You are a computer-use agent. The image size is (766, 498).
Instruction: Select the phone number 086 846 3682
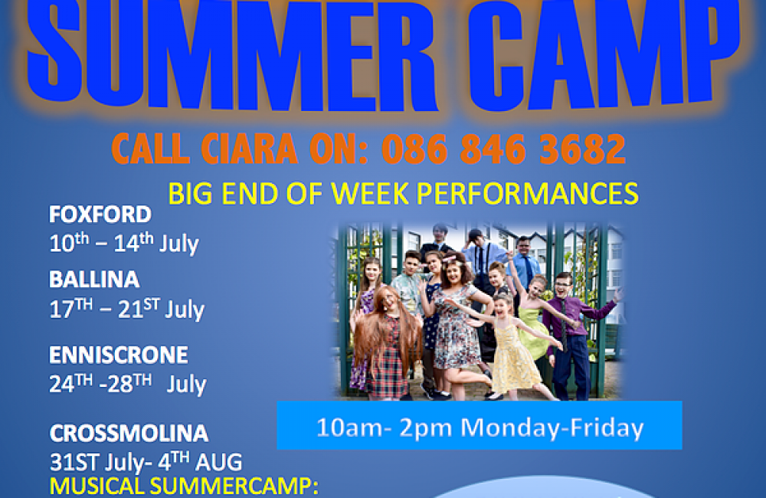(x=503, y=149)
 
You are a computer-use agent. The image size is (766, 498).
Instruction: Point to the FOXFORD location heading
(x=100, y=214)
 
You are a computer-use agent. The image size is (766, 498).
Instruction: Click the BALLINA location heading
(x=94, y=280)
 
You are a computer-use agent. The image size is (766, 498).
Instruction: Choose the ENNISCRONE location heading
(x=118, y=355)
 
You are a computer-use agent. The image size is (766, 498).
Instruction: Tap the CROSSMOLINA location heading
(x=129, y=433)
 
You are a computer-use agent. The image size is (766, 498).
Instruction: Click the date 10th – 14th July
(x=124, y=243)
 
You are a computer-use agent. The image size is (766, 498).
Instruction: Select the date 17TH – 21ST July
(x=127, y=309)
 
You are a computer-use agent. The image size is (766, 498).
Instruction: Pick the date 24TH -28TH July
(x=128, y=384)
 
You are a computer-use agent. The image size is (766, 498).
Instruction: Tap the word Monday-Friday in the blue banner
(x=552, y=428)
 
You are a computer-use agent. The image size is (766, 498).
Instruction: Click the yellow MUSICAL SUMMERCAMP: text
(x=184, y=487)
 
